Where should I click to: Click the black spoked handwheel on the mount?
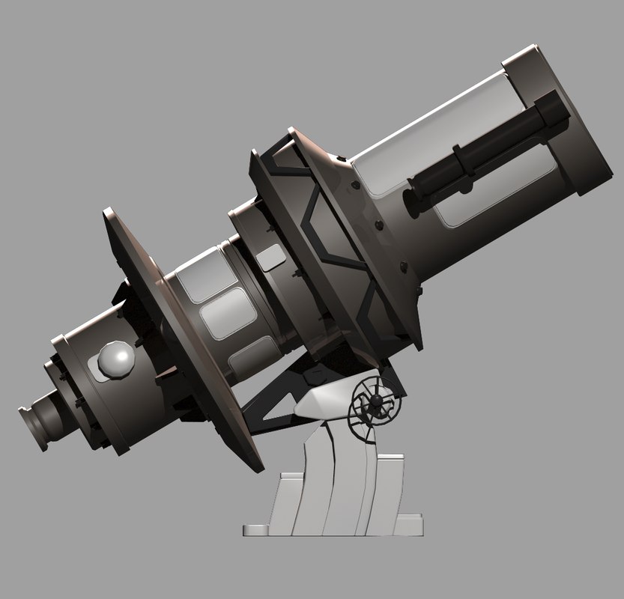[x=378, y=405]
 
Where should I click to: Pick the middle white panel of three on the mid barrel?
[x=228, y=313]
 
